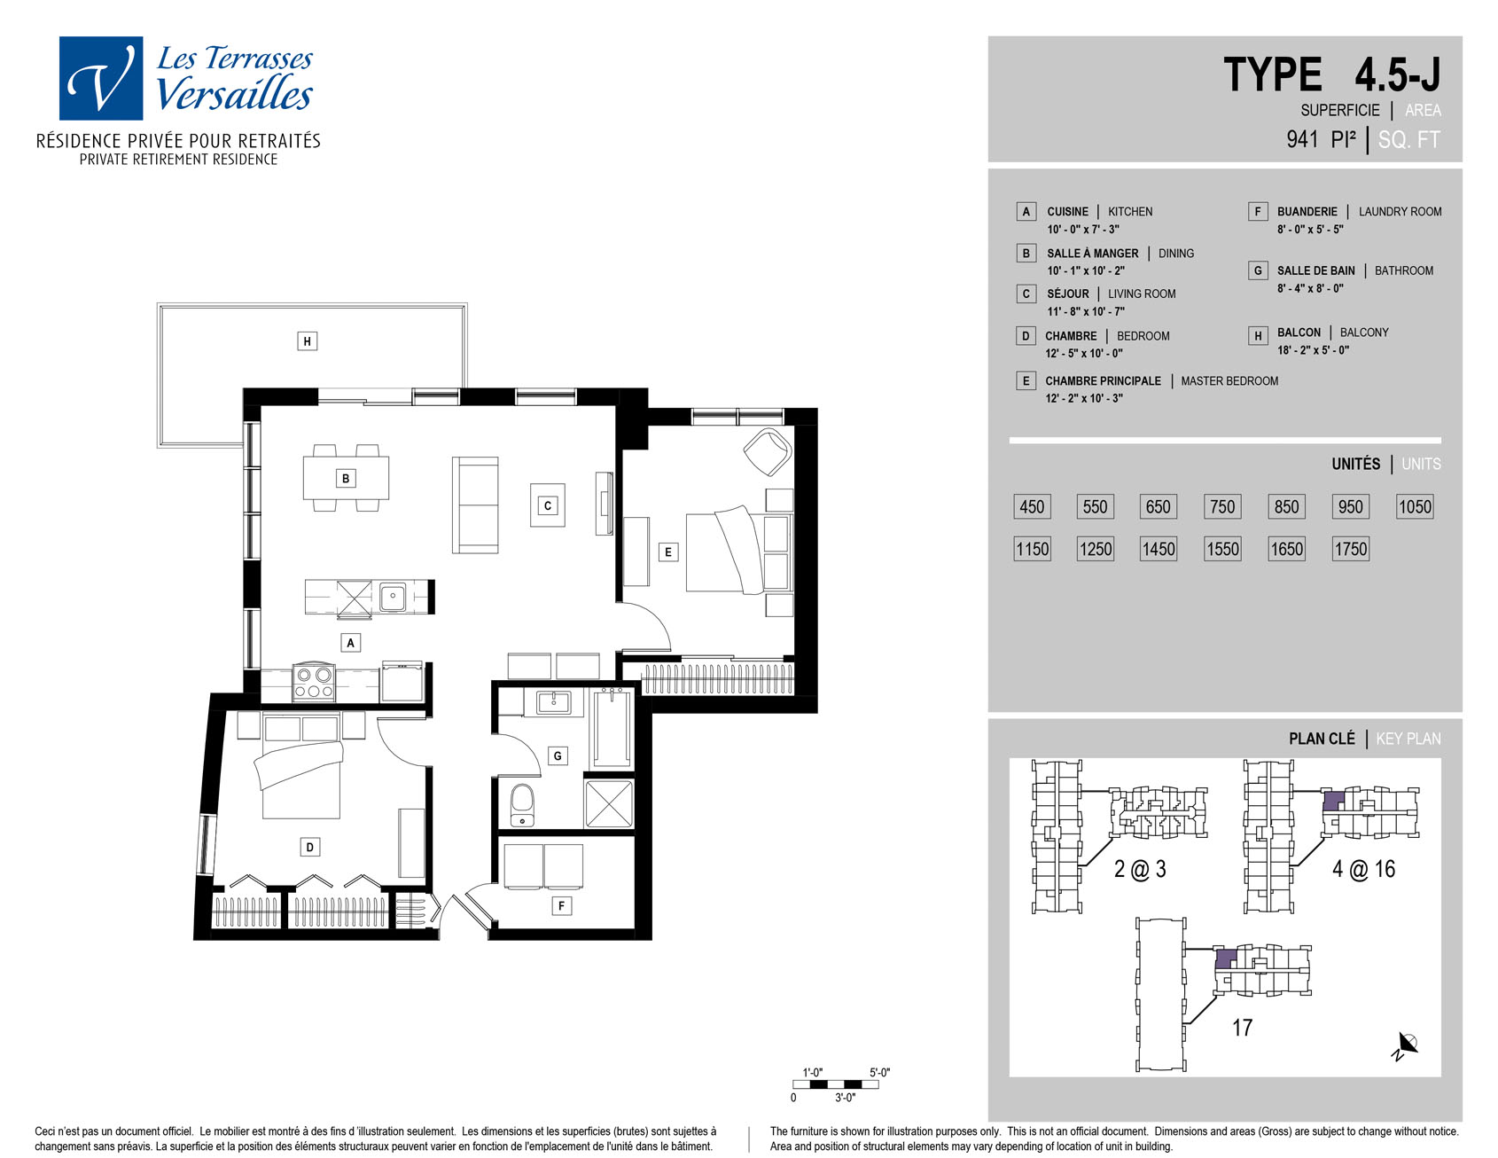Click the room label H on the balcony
pos(307,341)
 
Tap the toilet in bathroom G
pos(523,803)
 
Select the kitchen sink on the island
pos(393,597)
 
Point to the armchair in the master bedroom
pos(767,451)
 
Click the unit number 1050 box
pos(1415,506)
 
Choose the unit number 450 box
pos(1032,506)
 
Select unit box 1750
pos(1351,549)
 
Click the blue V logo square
pos(101,78)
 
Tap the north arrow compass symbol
pos(1405,1045)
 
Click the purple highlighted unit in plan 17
pos(1225,959)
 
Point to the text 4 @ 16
pos(1363,869)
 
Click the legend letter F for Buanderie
pos(1257,211)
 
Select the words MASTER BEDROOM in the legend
pos(1229,381)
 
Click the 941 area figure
pos(1303,139)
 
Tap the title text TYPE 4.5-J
pos(1331,74)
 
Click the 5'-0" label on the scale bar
pos(879,1073)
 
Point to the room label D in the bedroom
pos(309,847)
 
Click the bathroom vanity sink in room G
pos(554,702)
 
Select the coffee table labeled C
pos(548,505)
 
